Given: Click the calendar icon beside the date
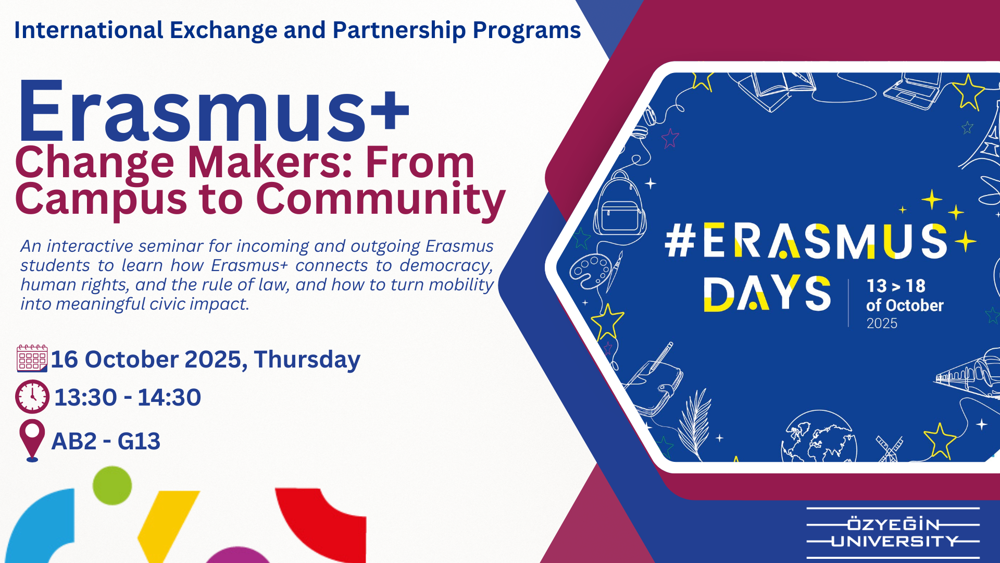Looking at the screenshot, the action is tap(32, 358).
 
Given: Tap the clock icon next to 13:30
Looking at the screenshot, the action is tap(32, 397).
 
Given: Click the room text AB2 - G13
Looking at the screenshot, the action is tap(106, 442).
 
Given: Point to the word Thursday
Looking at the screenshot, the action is tap(307, 360).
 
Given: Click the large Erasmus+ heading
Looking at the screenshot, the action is tap(214, 111).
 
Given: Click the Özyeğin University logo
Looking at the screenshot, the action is tap(893, 533).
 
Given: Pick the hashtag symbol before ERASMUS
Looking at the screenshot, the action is tap(680, 241).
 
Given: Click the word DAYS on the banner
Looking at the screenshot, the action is tap(767, 293).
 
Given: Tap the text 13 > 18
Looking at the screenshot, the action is tap(896, 286).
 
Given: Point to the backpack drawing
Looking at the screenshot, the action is tap(620, 203).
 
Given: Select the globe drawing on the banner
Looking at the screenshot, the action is tap(819, 437).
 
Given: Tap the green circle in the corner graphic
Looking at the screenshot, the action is tap(112, 485).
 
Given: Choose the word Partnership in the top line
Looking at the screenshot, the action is tap(399, 31).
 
